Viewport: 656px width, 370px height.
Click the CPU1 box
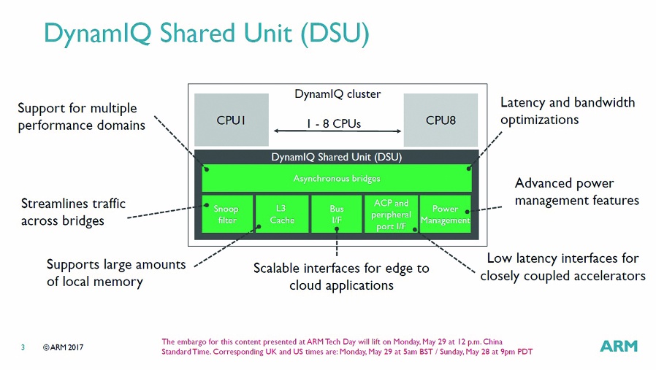click(x=231, y=120)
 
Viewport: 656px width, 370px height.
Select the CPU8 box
click(x=440, y=120)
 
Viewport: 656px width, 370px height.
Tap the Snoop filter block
click(x=227, y=215)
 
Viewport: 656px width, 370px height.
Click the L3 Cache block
click(x=282, y=215)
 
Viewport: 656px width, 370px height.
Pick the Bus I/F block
click(x=336, y=215)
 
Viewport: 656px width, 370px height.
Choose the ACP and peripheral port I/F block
click(x=391, y=215)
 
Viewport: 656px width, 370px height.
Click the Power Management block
click(x=445, y=215)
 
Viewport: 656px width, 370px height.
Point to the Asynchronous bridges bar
click(x=336, y=178)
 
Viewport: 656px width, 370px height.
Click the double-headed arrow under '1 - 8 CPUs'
click(x=336, y=131)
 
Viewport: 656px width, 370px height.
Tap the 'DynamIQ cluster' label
click(x=337, y=94)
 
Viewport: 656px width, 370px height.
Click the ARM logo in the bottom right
click(x=618, y=346)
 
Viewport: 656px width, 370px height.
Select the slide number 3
click(x=23, y=347)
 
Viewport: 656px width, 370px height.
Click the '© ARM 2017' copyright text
click(x=63, y=347)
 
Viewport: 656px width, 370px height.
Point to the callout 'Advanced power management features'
click(x=576, y=191)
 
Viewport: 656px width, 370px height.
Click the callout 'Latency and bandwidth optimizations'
click(x=567, y=111)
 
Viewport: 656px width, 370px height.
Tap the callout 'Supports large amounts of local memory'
click(x=115, y=272)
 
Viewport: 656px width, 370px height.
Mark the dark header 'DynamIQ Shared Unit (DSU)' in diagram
click(x=336, y=157)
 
